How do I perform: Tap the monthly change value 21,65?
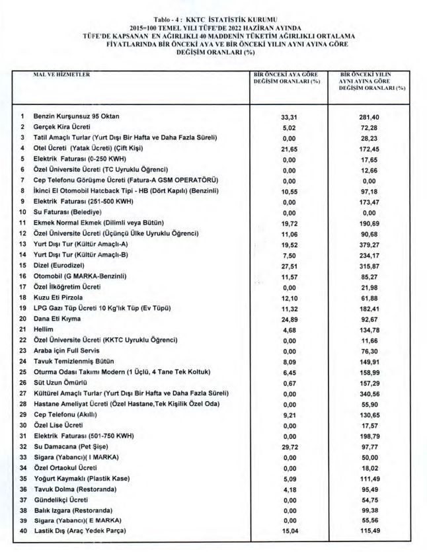[287, 148]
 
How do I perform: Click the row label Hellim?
[44, 329]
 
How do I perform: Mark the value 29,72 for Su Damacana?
[287, 446]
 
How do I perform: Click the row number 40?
[22, 532]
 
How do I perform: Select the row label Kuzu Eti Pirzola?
[59, 297]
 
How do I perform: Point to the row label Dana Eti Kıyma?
[58, 319]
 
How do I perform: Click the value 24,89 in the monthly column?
[287, 319]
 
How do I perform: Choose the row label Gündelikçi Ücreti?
[61, 500]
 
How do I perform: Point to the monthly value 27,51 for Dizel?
[287, 265]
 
